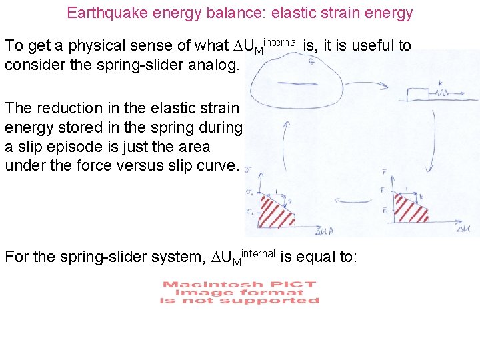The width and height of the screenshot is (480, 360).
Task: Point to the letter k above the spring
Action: pyautogui.click(x=441, y=83)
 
